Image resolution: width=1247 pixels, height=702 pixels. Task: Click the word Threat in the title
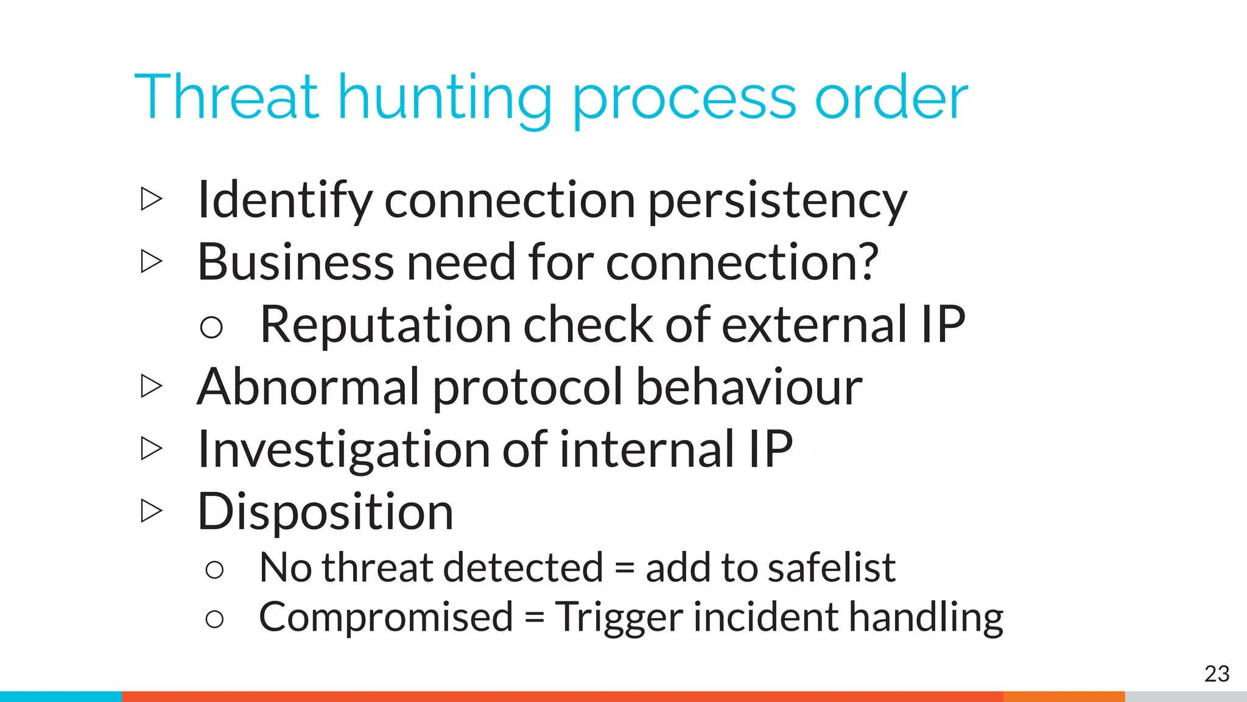(226, 97)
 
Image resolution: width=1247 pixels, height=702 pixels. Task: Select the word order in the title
(891, 97)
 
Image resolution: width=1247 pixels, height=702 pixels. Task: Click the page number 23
(1217, 674)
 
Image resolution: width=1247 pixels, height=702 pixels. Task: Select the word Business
(295, 262)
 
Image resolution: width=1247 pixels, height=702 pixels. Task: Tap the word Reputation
(385, 325)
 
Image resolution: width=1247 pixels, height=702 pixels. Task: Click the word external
(815, 324)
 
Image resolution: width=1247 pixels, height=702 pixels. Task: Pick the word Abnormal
(308, 387)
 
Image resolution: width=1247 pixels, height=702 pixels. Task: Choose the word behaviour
(749, 387)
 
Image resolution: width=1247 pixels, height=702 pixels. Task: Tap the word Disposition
(325, 512)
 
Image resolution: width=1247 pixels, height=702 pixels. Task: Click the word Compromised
(386, 618)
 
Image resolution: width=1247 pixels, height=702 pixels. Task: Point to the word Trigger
(619, 618)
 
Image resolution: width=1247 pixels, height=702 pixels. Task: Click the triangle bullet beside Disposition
(151, 511)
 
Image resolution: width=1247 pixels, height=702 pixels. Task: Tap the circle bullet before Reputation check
(211, 327)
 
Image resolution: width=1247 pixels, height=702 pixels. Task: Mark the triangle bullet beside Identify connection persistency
(151, 199)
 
